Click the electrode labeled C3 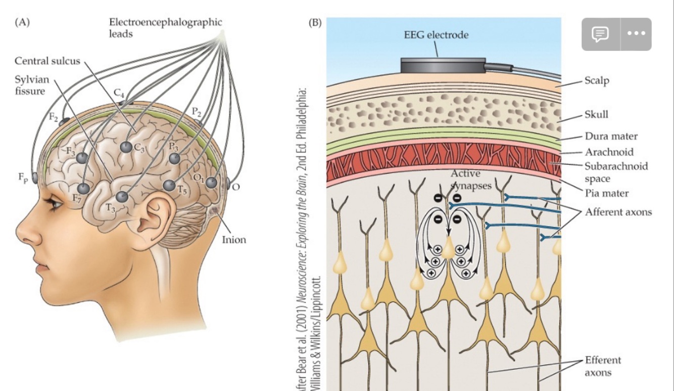(x=126, y=147)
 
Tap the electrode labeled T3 (x=122, y=197)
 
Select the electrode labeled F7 (x=84, y=189)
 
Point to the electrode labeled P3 (x=174, y=158)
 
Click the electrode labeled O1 (x=211, y=183)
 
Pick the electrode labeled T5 (x=170, y=185)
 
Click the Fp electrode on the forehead (x=34, y=178)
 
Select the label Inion (x=234, y=239)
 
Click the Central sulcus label (x=47, y=61)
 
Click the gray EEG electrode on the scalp (x=443, y=65)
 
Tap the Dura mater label (x=611, y=136)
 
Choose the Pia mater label (x=606, y=193)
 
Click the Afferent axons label (x=618, y=212)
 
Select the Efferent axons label (x=603, y=366)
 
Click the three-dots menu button (x=636, y=34)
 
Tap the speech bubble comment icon (x=600, y=34)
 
